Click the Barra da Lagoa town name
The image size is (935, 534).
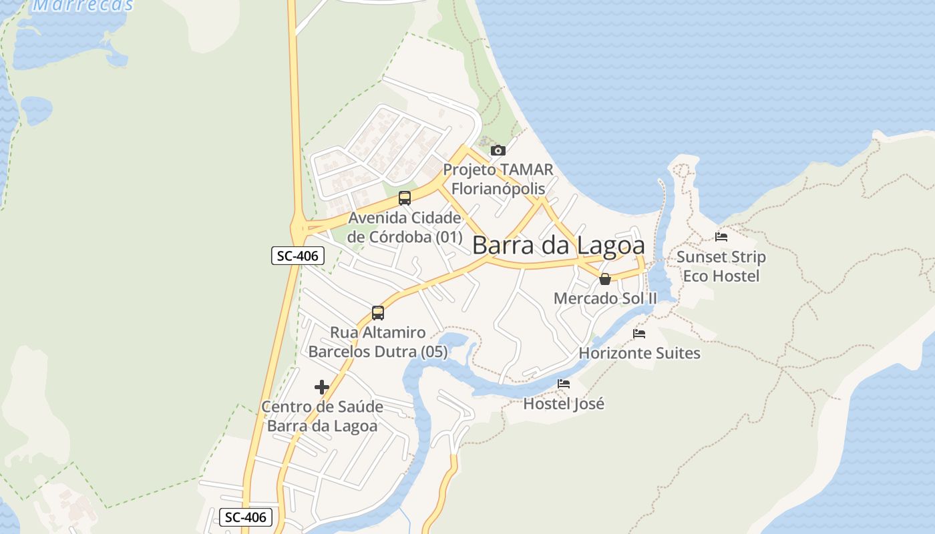pos(558,246)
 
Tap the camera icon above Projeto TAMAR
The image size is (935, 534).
pos(498,150)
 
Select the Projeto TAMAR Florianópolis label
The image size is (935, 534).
pos(498,179)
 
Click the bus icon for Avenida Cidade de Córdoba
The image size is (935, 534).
pos(405,198)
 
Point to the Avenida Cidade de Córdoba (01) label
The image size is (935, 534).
pos(405,227)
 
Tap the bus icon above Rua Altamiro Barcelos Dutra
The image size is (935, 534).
pos(378,312)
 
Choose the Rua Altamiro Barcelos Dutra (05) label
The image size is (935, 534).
pos(378,342)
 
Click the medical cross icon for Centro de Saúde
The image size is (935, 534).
pos(322,387)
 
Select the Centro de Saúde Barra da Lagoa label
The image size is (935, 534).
pos(322,416)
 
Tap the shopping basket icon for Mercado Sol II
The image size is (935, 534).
pos(605,279)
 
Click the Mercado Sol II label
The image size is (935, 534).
pos(605,298)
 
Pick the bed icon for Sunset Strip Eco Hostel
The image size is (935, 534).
pos(721,236)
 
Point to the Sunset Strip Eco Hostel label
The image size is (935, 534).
pos(721,266)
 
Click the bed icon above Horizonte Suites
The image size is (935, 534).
pos(639,334)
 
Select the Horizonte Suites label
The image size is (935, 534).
pos(639,353)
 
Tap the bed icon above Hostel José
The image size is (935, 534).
pos(564,384)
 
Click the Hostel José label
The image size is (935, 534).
pos(564,404)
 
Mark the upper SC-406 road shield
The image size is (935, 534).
pos(298,256)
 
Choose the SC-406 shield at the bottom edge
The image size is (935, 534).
pos(246,517)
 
